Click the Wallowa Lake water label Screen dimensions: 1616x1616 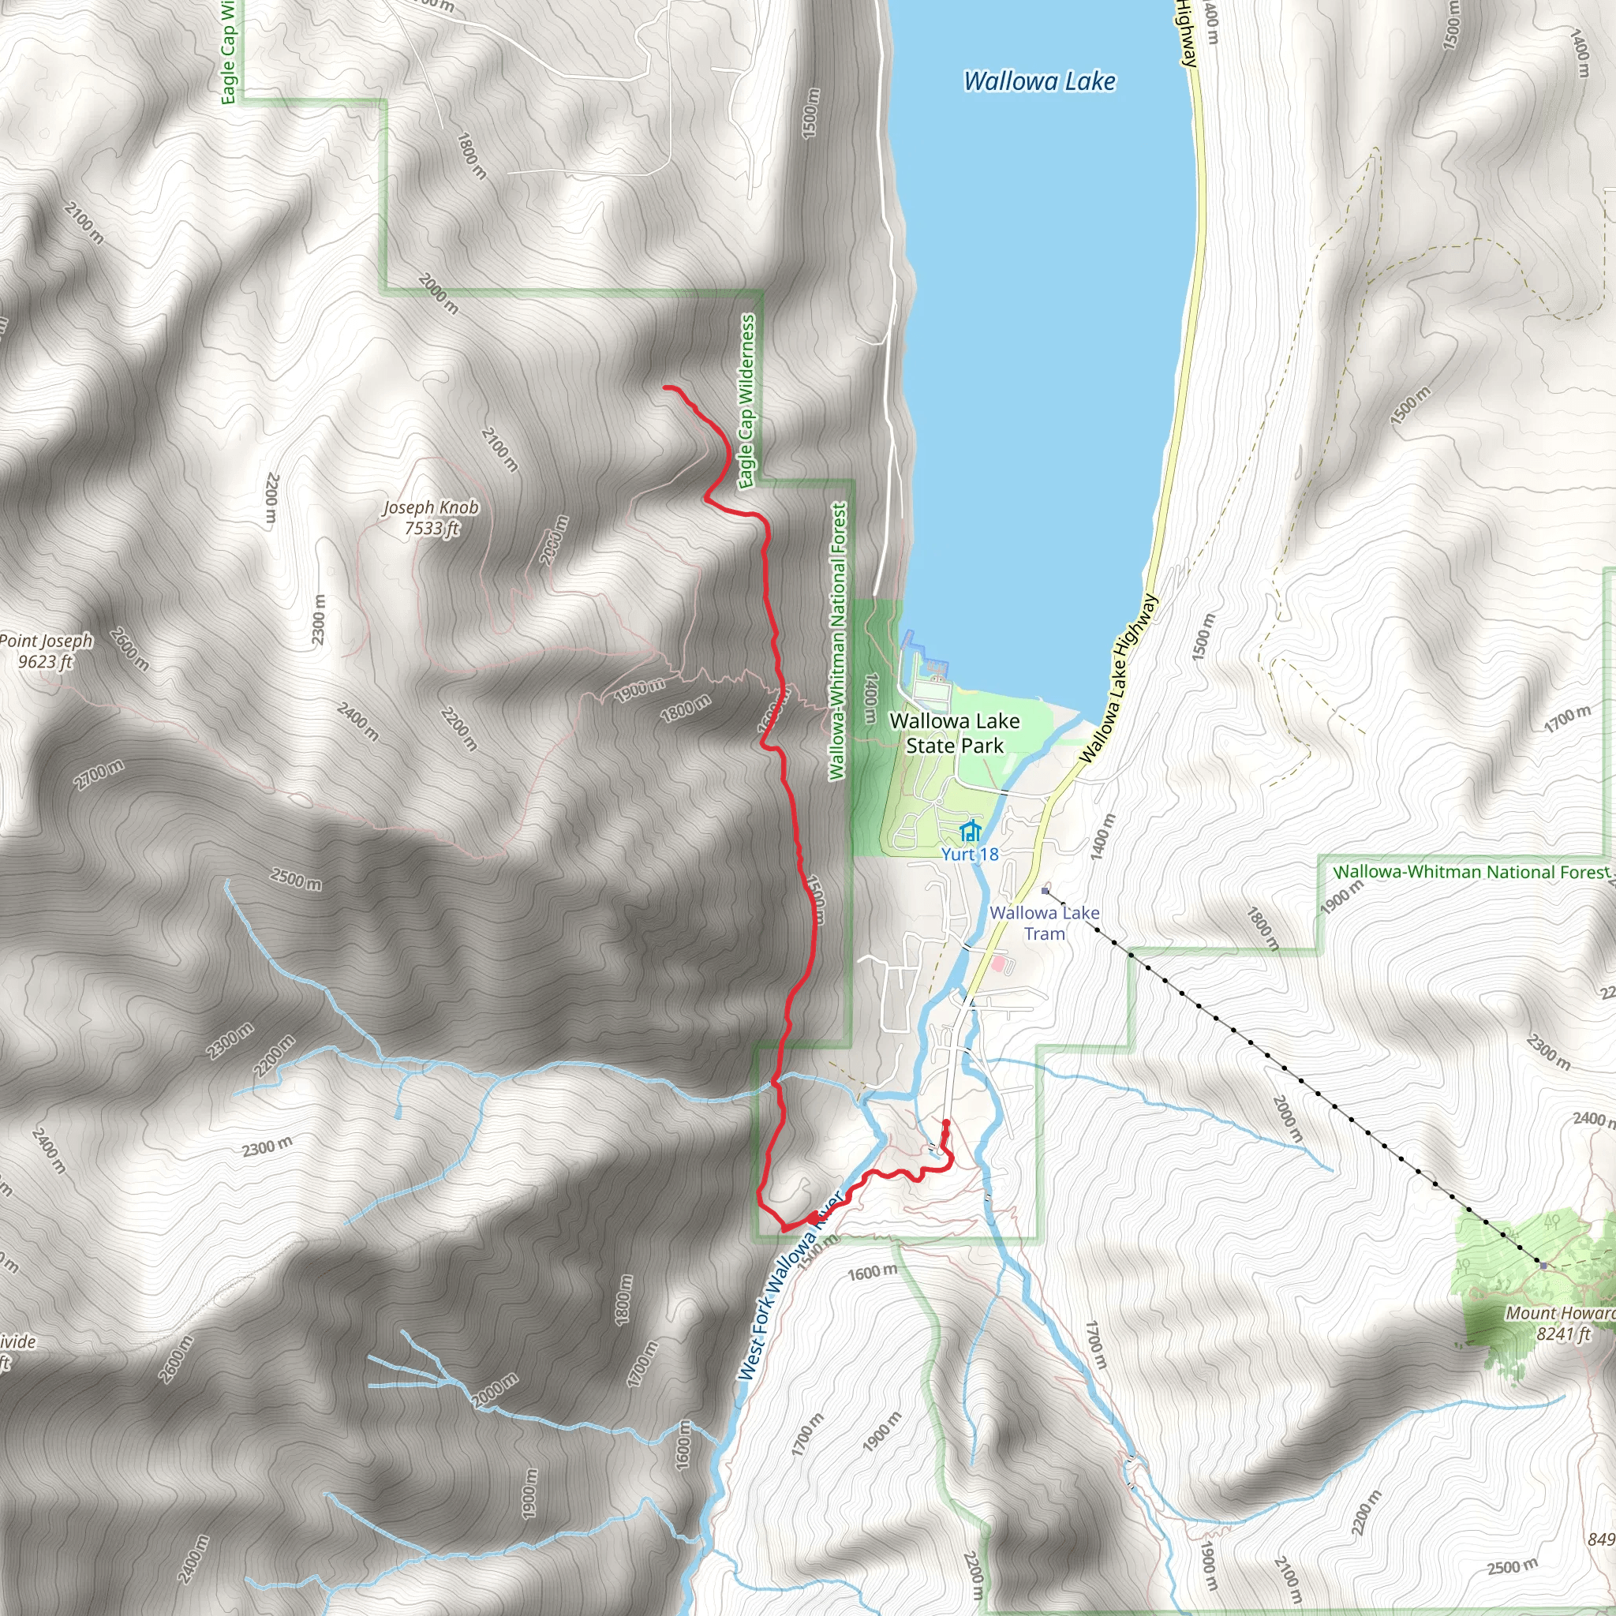(1039, 81)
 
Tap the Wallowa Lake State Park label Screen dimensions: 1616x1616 (955, 733)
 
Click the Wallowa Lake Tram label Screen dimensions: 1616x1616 (1044, 922)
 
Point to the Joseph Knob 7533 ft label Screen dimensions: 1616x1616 (432, 518)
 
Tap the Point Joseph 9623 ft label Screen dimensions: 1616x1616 (46, 651)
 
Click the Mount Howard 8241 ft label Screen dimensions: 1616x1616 (1560, 1323)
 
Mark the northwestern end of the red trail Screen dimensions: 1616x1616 (665, 387)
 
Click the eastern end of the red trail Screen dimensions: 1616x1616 (946, 1122)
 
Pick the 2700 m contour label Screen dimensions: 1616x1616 (99, 775)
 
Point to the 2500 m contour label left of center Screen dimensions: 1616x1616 (296, 879)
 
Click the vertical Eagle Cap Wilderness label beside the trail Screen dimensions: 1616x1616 (747, 401)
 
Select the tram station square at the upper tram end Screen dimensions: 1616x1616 (1045, 891)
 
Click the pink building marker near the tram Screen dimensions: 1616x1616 (998, 963)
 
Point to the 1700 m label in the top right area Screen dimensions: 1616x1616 (1568, 718)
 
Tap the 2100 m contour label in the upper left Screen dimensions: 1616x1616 (84, 223)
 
